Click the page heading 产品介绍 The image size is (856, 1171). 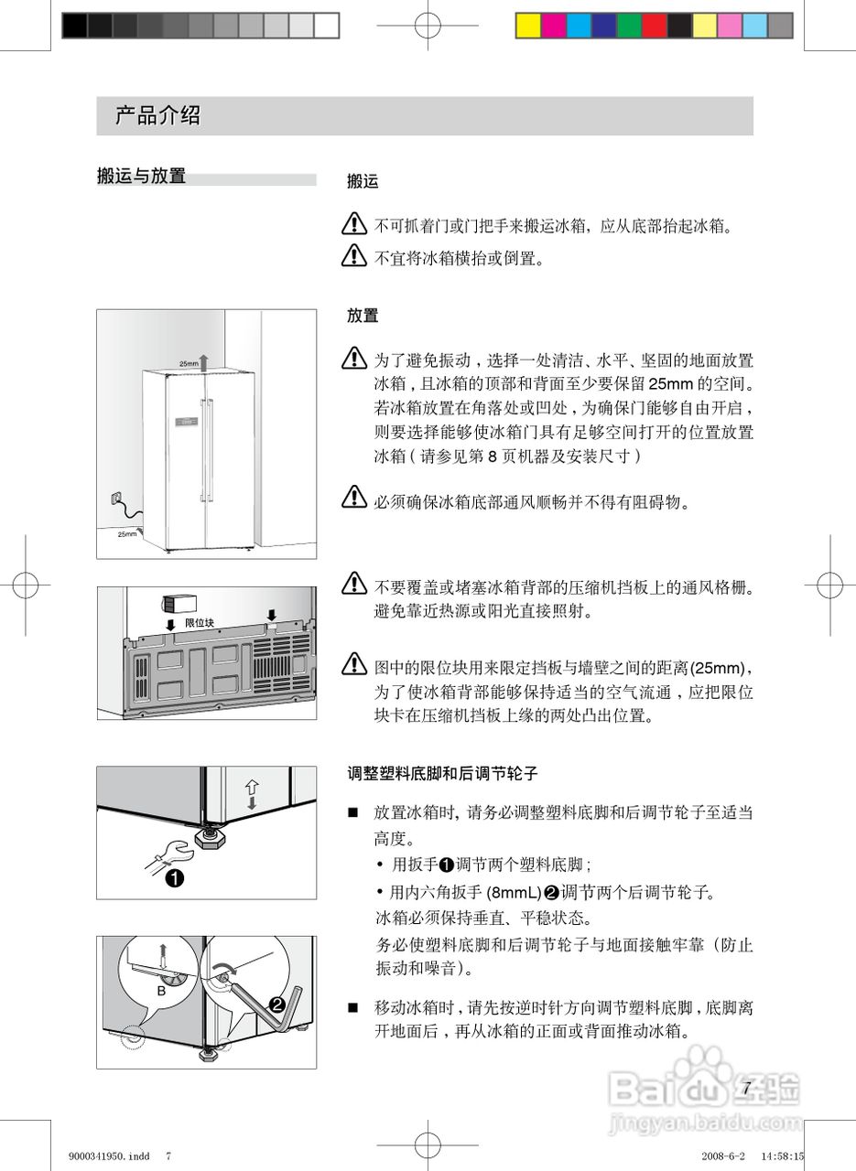[157, 116]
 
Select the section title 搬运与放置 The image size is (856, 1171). [141, 176]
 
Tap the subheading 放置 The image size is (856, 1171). [363, 317]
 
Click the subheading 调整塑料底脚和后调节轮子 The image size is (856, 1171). [442, 774]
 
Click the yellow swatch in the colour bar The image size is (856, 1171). [528, 26]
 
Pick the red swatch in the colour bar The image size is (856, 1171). [654, 26]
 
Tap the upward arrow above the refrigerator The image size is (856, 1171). [205, 360]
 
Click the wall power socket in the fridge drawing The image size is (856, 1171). [114, 498]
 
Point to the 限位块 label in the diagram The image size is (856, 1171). [199, 622]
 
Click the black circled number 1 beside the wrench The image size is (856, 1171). [174, 880]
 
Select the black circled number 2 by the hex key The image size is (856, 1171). [277, 1004]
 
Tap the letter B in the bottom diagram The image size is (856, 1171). [160, 991]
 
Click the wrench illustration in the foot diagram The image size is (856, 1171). [170, 853]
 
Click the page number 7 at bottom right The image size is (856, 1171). [746, 1088]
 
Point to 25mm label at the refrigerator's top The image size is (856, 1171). [188, 363]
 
